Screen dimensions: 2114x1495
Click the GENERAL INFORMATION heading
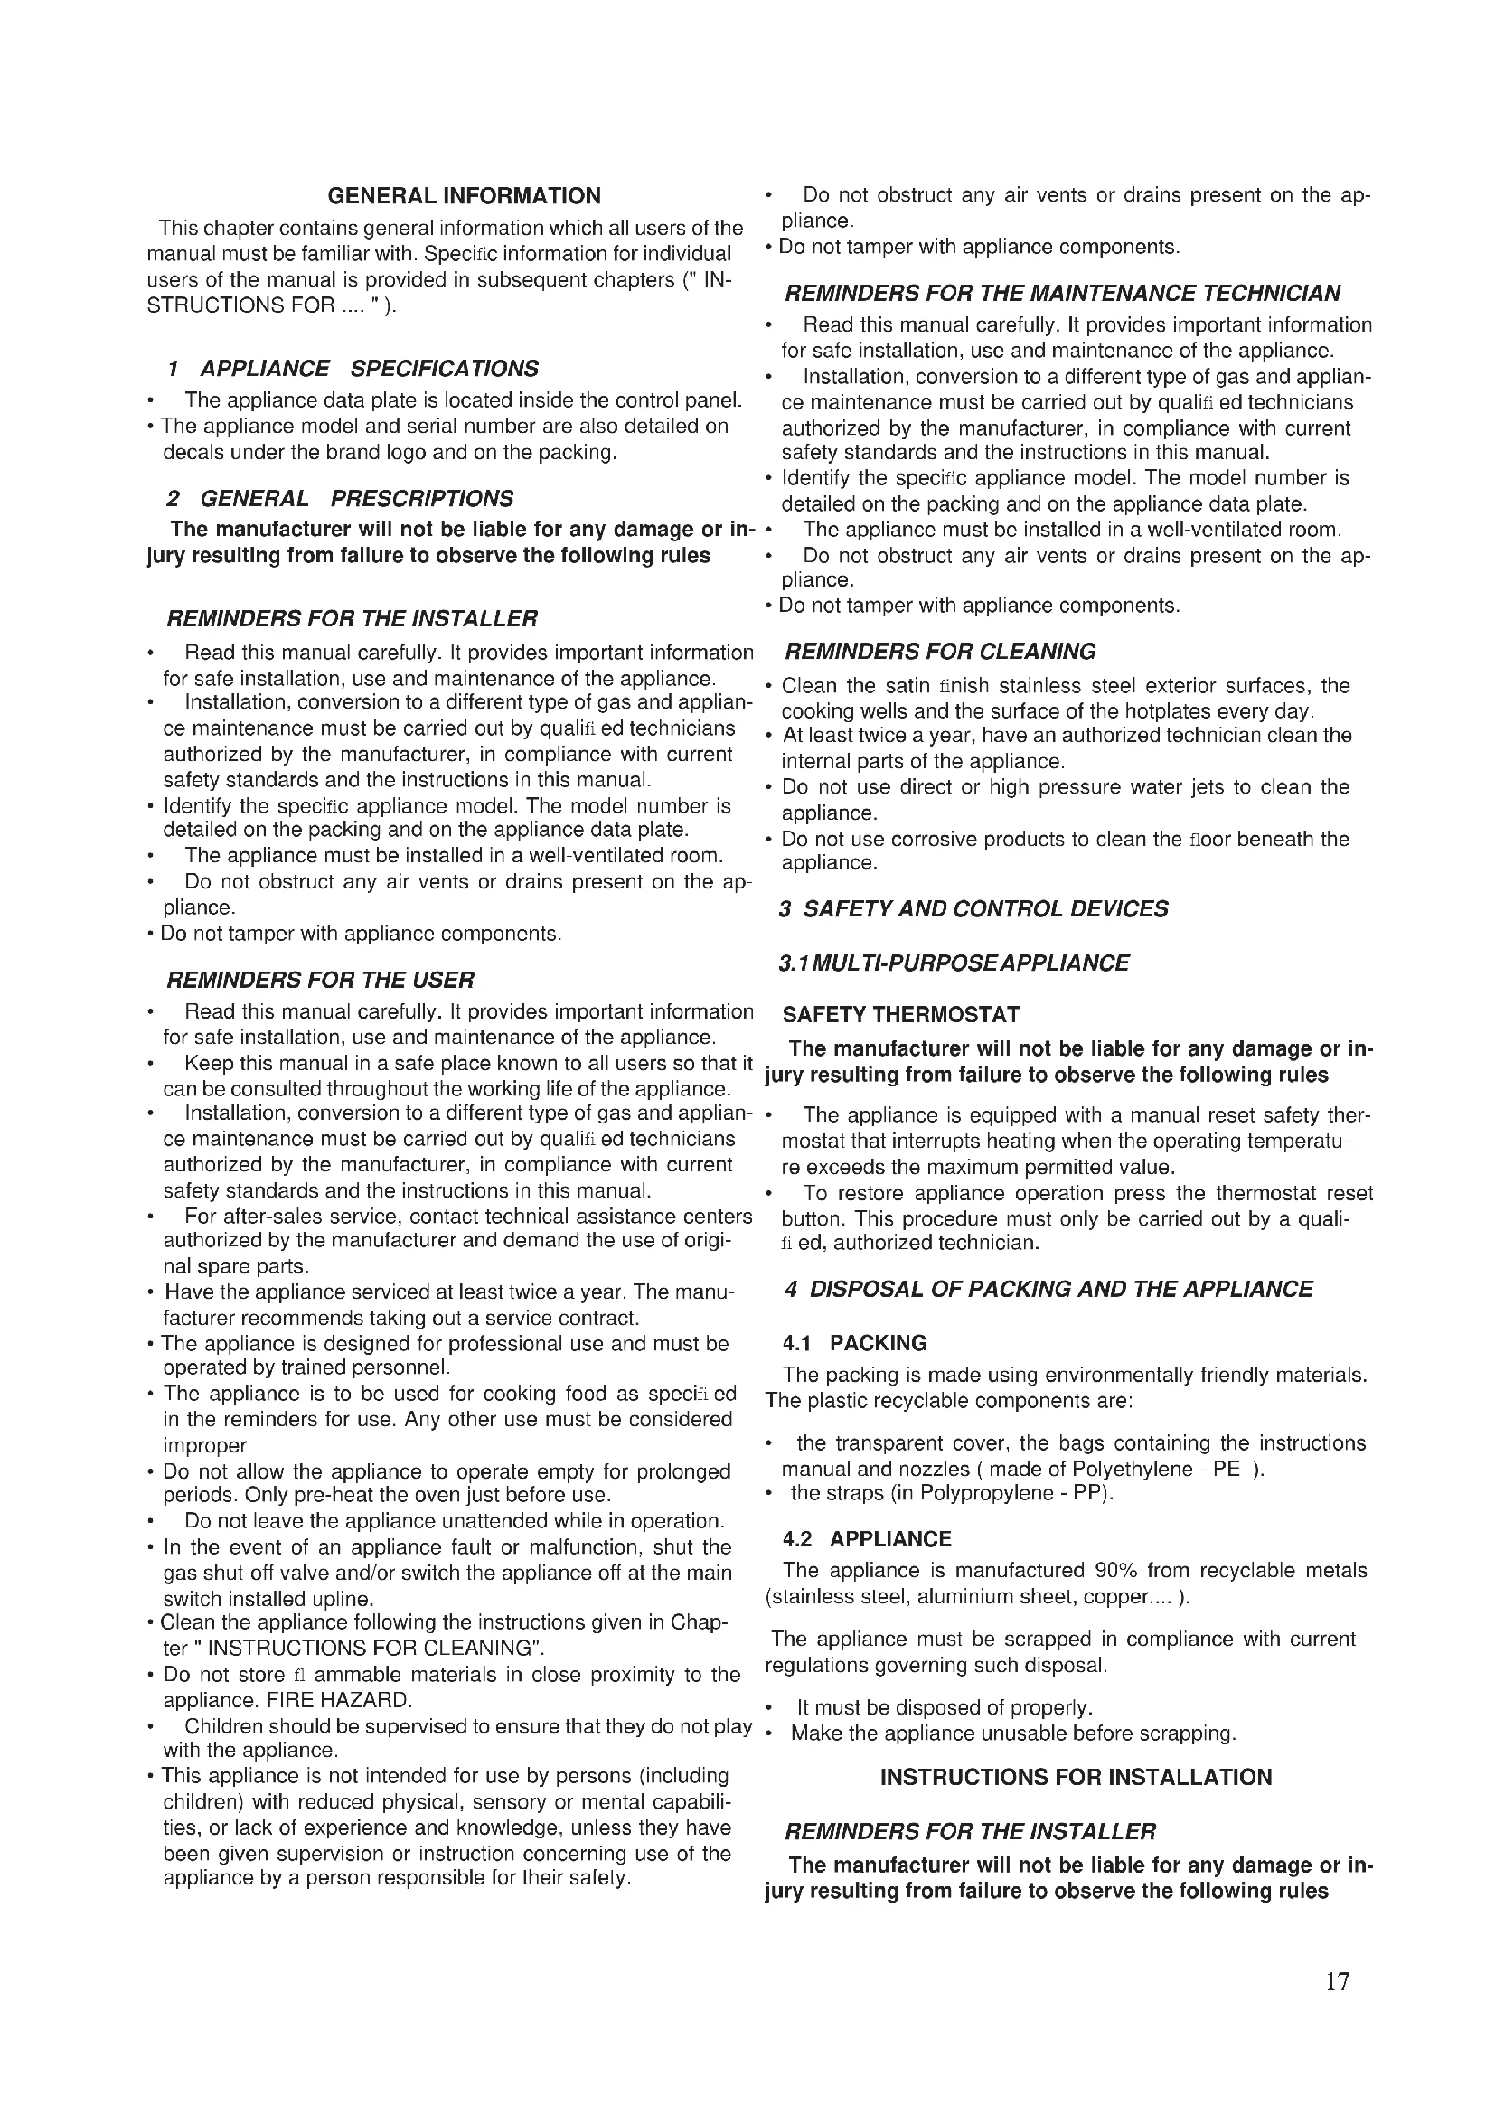point(464,196)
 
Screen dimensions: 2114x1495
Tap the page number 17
point(1337,1981)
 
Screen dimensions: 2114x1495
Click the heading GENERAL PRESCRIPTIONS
point(340,499)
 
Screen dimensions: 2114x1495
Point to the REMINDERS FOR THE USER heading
point(320,980)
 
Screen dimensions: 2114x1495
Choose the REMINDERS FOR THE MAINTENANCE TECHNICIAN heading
point(1062,294)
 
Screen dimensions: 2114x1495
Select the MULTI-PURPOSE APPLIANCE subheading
point(954,963)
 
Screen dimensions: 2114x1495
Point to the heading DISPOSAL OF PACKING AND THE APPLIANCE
point(1048,1289)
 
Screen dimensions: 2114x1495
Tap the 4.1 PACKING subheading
point(854,1343)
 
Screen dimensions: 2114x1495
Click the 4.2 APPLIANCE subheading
point(866,1538)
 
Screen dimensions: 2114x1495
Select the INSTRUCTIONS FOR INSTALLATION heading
point(1077,1778)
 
